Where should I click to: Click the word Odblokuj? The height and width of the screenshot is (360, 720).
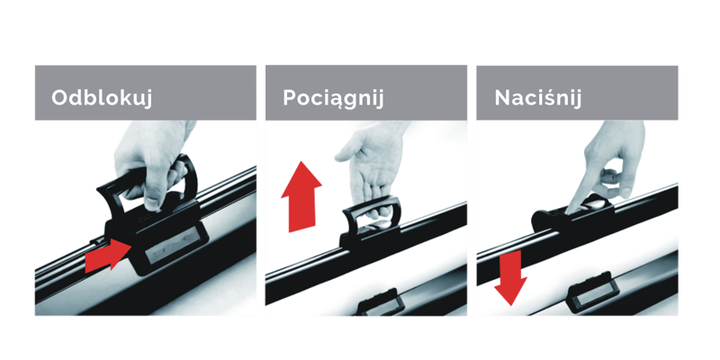point(102,98)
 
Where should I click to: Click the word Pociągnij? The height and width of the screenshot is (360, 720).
point(333,98)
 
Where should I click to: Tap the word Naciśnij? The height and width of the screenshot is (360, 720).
point(537,98)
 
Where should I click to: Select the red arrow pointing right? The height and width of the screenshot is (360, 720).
point(109,256)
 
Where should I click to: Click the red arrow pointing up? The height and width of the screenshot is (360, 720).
point(301,196)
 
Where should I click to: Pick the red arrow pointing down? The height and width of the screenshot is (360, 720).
point(510,278)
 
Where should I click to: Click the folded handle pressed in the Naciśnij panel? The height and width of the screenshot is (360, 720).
point(574,211)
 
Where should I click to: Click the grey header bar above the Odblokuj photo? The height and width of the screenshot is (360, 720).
point(146,93)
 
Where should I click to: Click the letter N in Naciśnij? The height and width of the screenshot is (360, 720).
point(503,98)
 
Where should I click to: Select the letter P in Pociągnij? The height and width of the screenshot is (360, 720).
point(289,98)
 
